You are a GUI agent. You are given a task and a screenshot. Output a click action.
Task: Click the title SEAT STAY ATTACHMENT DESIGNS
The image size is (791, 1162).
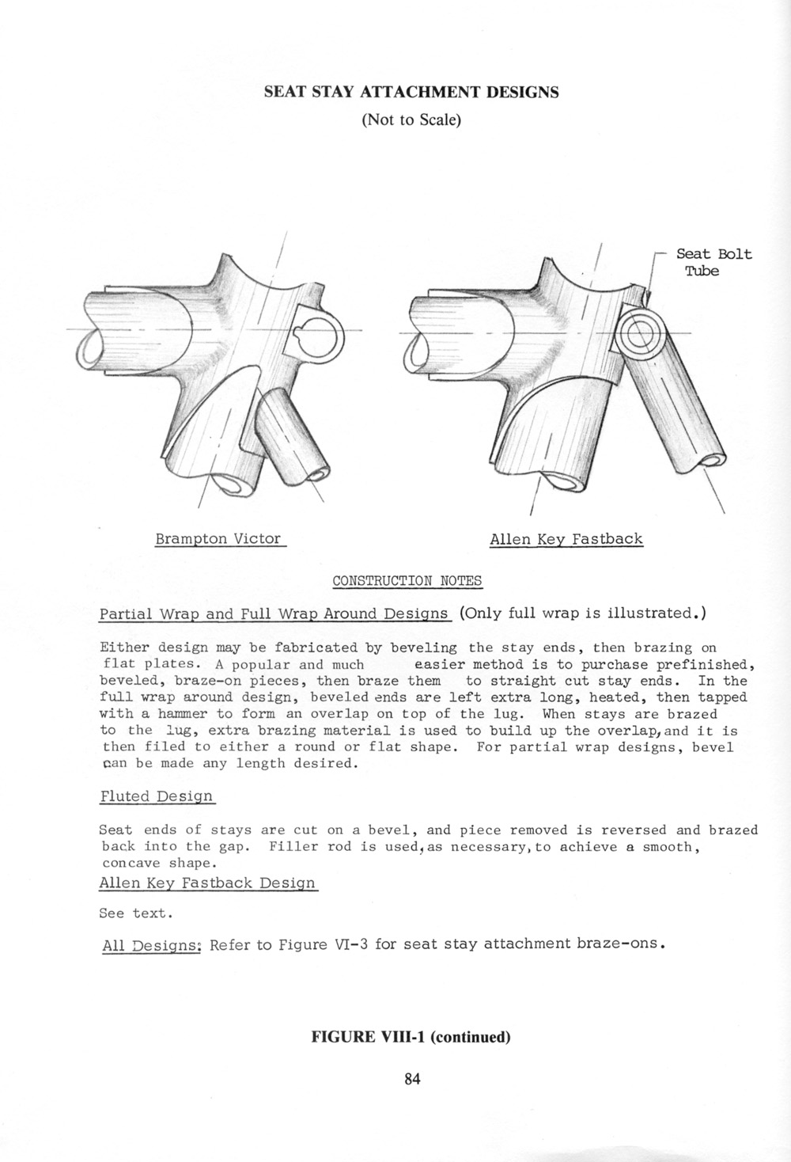(411, 92)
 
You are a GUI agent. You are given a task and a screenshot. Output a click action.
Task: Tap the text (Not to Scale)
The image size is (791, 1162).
(411, 120)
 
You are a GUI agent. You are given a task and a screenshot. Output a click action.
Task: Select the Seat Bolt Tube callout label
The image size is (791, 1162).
(713, 263)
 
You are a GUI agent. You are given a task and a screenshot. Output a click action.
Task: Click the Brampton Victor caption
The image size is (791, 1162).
(218, 539)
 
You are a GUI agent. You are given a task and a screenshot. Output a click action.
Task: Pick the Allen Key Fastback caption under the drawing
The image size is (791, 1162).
(566, 540)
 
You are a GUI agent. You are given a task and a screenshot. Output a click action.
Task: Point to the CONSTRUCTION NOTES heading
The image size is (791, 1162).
(407, 581)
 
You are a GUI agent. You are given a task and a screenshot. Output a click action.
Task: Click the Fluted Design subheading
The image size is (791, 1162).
(157, 796)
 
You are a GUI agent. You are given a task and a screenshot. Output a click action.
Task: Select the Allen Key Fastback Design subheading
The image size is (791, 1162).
(207, 883)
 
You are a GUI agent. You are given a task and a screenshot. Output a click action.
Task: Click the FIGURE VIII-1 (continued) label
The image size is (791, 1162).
(411, 1037)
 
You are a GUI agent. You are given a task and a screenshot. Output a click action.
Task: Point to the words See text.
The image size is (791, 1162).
(134, 913)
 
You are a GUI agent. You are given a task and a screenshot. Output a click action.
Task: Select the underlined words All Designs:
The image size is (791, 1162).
(153, 945)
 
